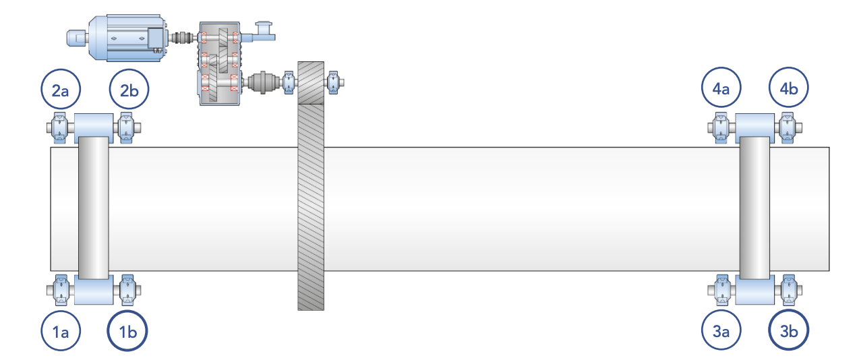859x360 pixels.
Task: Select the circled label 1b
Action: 127,331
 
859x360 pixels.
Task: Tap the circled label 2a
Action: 60,89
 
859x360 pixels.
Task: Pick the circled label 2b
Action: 129,89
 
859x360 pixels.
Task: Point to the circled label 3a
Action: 721,331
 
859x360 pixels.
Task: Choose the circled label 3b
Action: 789,331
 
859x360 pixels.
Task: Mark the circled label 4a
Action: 721,89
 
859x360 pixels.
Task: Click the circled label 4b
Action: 789,89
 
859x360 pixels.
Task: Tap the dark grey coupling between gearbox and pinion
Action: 264,83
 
